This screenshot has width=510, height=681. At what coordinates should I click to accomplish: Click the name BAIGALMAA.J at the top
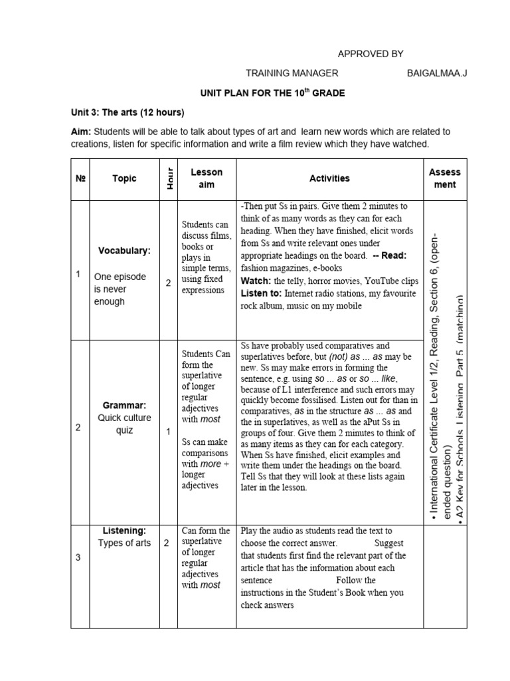click(436, 73)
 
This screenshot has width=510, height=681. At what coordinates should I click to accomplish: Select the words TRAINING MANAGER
click(292, 73)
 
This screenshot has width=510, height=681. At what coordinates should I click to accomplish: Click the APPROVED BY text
click(371, 54)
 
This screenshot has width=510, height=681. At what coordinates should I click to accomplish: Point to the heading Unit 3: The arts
click(127, 112)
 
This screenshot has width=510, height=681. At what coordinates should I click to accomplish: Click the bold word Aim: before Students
click(81, 132)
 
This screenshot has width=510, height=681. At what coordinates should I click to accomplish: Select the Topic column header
click(124, 178)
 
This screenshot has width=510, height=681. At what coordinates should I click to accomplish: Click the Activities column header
click(329, 178)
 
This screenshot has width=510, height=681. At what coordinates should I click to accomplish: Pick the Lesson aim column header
click(207, 178)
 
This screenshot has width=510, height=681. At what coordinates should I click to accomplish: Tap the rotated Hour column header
click(169, 178)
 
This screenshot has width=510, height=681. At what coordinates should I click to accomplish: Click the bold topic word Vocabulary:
click(124, 251)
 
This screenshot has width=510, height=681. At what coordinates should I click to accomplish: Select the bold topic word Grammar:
click(124, 404)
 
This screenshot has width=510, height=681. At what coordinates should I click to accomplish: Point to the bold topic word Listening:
click(124, 531)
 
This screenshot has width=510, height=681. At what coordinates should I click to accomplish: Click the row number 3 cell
click(78, 557)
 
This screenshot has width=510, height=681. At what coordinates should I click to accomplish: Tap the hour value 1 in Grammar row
click(168, 432)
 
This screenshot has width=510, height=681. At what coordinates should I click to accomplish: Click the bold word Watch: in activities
click(256, 281)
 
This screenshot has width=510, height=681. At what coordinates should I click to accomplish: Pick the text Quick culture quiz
click(124, 424)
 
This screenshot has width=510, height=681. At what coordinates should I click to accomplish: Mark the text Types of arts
click(124, 543)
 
